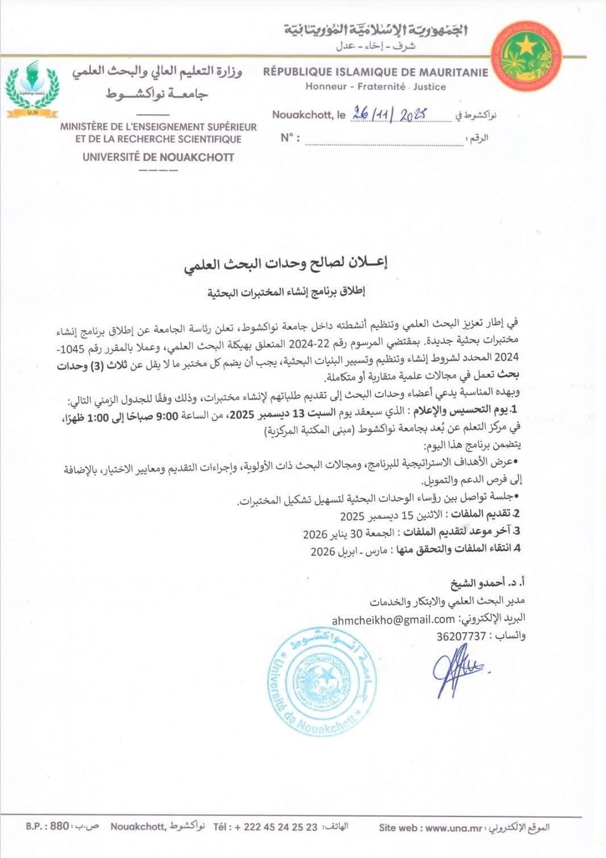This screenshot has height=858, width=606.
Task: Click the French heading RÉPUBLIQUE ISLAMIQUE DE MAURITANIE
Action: [x=375, y=72]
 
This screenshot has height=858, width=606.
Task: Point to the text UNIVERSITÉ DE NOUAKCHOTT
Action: [x=158, y=157]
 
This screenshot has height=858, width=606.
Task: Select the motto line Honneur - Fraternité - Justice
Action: [x=375, y=87]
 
